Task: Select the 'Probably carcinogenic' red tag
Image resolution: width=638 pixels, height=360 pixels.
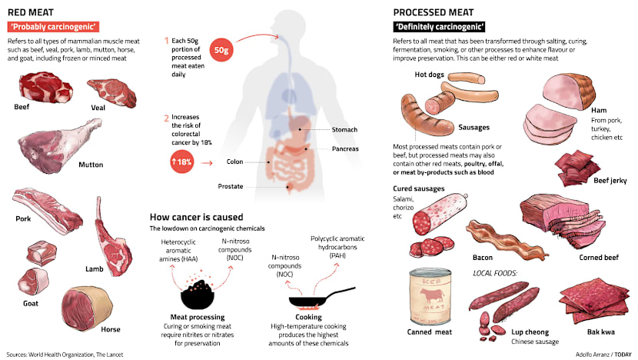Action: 53,27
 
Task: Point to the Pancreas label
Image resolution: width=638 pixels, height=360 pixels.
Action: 346,148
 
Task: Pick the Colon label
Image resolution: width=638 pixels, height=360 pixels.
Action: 234,162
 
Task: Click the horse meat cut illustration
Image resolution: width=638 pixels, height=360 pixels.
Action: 79,307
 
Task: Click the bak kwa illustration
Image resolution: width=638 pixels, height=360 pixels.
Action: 589,302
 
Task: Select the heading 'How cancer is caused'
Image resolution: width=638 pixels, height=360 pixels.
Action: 196,217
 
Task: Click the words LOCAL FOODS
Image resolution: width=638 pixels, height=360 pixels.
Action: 495,273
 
